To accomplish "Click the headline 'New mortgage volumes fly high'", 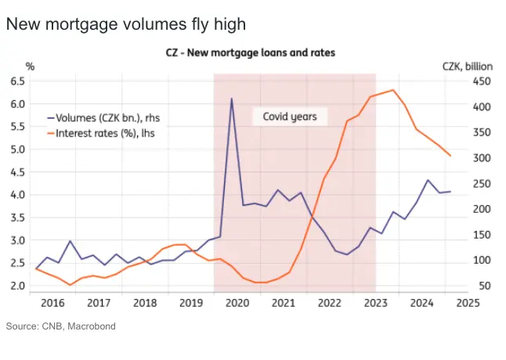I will tap(125, 25).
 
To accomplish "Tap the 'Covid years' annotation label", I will tap(284, 117).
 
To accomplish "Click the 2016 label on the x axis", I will tap(52, 302).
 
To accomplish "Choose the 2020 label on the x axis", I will tap(237, 302).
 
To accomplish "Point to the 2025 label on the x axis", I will tap(468, 302).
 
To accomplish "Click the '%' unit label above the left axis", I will tap(30, 66).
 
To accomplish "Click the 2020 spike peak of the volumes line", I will tap(231, 99).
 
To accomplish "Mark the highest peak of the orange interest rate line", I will tap(392, 90).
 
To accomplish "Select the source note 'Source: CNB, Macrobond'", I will tap(60, 326).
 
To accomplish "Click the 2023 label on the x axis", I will tap(376, 302).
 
